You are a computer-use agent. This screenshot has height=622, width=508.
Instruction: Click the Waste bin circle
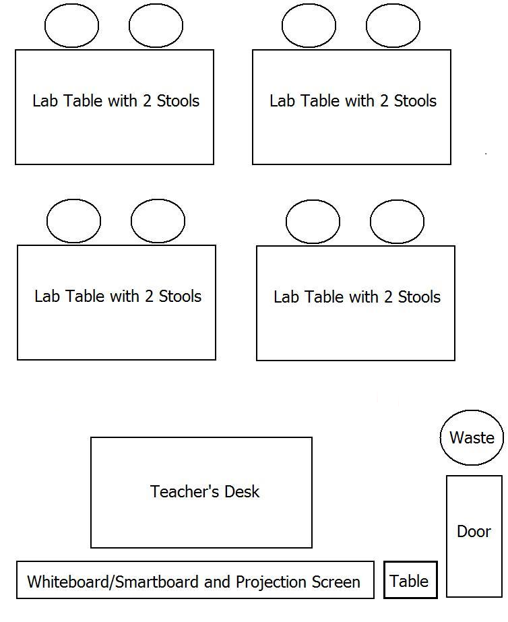pyautogui.click(x=472, y=437)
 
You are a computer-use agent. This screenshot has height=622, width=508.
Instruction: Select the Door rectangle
pyautogui.click(x=474, y=536)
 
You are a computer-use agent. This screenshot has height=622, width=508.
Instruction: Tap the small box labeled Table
pyautogui.click(x=410, y=580)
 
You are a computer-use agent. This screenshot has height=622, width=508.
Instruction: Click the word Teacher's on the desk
pyautogui.click(x=185, y=491)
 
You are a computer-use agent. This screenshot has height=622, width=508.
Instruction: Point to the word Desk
pyautogui.click(x=242, y=491)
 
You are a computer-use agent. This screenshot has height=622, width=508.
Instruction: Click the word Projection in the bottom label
pyautogui.click(x=272, y=582)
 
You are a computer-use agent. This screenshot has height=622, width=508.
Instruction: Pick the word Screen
pyautogui.click(x=336, y=582)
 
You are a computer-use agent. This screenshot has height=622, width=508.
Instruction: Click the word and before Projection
pyautogui.click(x=218, y=582)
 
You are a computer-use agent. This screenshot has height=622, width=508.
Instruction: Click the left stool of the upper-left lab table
pyautogui.click(x=72, y=26)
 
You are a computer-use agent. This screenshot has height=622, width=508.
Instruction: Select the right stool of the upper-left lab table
pyautogui.click(x=156, y=26)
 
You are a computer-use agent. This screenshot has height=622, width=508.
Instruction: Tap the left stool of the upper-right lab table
pyautogui.click(x=309, y=26)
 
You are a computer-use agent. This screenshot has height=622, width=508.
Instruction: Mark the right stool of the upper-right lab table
pyautogui.click(x=393, y=26)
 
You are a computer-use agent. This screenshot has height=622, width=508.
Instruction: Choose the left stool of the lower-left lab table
pyautogui.click(x=73, y=221)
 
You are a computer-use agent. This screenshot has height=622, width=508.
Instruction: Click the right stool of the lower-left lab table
pyautogui.click(x=158, y=221)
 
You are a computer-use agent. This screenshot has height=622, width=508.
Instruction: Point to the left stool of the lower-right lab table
pyautogui.click(x=313, y=221)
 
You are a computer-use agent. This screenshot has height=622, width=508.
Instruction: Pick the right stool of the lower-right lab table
pyautogui.click(x=397, y=221)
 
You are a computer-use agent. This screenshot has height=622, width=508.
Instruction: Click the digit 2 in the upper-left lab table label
pyautogui.click(x=147, y=101)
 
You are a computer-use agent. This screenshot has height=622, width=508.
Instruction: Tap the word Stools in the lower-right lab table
pyautogui.click(x=419, y=297)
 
